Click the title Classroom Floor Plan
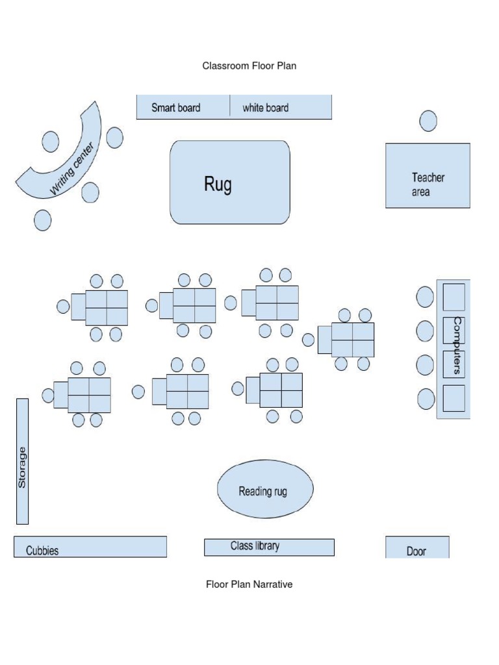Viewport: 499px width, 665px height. [x=249, y=66]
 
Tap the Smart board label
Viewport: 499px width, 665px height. [x=175, y=108]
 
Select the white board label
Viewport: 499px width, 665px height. [x=265, y=108]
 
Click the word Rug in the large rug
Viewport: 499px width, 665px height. [x=218, y=184]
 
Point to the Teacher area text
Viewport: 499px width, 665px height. [x=428, y=184]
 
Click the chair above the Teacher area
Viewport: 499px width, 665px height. [x=428, y=121]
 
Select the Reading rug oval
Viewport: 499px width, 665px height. [x=264, y=490]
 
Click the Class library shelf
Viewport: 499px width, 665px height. [x=268, y=547]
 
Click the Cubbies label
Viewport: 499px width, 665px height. [x=42, y=551]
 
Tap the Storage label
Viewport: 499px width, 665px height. [x=22, y=468]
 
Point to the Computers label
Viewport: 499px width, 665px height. [x=457, y=345]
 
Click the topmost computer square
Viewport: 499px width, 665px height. [x=454, y=297]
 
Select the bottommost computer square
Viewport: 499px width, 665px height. [x=454, y=397]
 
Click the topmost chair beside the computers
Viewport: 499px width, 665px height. [x=425, y=297]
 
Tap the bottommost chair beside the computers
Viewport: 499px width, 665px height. [x=426, y=398]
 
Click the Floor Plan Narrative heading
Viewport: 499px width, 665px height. [x=249, y=584]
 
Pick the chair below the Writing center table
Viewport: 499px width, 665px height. [x=42, y=220]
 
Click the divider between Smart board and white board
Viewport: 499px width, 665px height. [x=230, y=107]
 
